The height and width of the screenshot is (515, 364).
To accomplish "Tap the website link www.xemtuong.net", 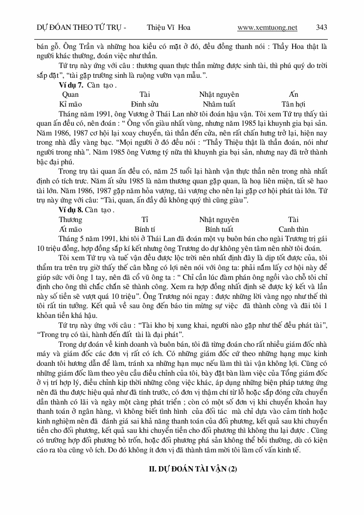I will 267,28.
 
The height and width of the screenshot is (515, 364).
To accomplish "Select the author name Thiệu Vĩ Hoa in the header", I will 168,28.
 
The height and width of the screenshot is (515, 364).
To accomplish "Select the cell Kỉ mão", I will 70,104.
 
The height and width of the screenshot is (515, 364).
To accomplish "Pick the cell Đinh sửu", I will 144,104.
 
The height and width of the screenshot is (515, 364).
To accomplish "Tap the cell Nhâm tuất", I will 219,104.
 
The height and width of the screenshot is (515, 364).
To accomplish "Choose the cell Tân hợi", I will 293,104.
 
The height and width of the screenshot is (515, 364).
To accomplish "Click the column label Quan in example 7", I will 70,95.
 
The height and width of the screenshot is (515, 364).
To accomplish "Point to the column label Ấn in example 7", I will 293,95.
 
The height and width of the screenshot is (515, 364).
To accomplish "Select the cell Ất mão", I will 70,229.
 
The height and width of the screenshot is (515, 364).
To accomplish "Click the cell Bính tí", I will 145,229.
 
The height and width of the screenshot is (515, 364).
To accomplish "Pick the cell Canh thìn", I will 294,229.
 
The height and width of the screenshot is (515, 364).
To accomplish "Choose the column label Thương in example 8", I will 70,220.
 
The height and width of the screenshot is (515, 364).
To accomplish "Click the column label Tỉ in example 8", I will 144,220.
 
